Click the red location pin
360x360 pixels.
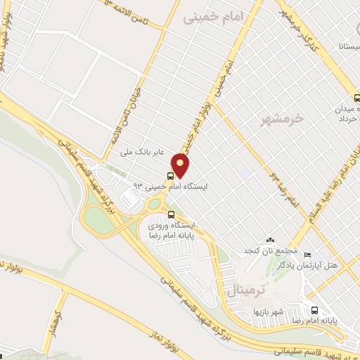[181, 166]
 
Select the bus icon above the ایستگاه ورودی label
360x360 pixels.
[171, 214]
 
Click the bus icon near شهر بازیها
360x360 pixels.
[314, 311]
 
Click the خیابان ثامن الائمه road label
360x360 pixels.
[127, 116]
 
